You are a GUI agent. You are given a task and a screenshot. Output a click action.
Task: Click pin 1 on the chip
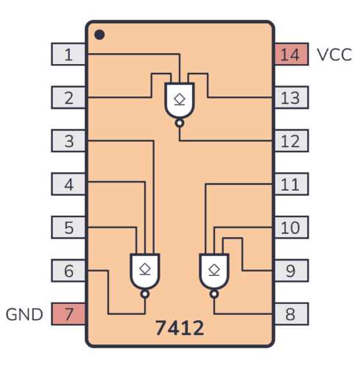click(x=68, y=54)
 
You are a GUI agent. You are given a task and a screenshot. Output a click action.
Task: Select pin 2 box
click(x=68, y=97)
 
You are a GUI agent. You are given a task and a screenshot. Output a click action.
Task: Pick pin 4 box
click(x=68, y=184)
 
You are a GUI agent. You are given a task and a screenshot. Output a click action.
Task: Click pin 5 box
click(x=68, y=227)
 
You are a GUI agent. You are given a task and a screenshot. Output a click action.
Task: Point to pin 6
click(x=68, y=271)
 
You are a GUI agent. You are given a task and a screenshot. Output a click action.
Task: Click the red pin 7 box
click(x=68, y=314)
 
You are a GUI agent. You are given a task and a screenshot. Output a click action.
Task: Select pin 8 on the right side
click(x=291, y=314)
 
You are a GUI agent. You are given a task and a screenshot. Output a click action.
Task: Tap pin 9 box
click(x=291, y=271)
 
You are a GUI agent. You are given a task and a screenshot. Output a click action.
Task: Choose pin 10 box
click(x=291, y=227)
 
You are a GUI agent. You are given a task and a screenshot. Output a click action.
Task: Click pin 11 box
click(x=291, y=184)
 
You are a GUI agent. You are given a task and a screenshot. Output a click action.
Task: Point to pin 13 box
click(x=291, y=97)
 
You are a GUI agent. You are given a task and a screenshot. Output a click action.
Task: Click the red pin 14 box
click(x=291, y=54)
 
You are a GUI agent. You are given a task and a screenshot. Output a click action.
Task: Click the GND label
click(x=25, y=315)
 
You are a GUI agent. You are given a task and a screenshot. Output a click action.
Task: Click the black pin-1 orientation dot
click(x=99, y=34)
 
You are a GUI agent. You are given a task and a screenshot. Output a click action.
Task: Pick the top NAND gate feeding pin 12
click(x=180, y=101)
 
